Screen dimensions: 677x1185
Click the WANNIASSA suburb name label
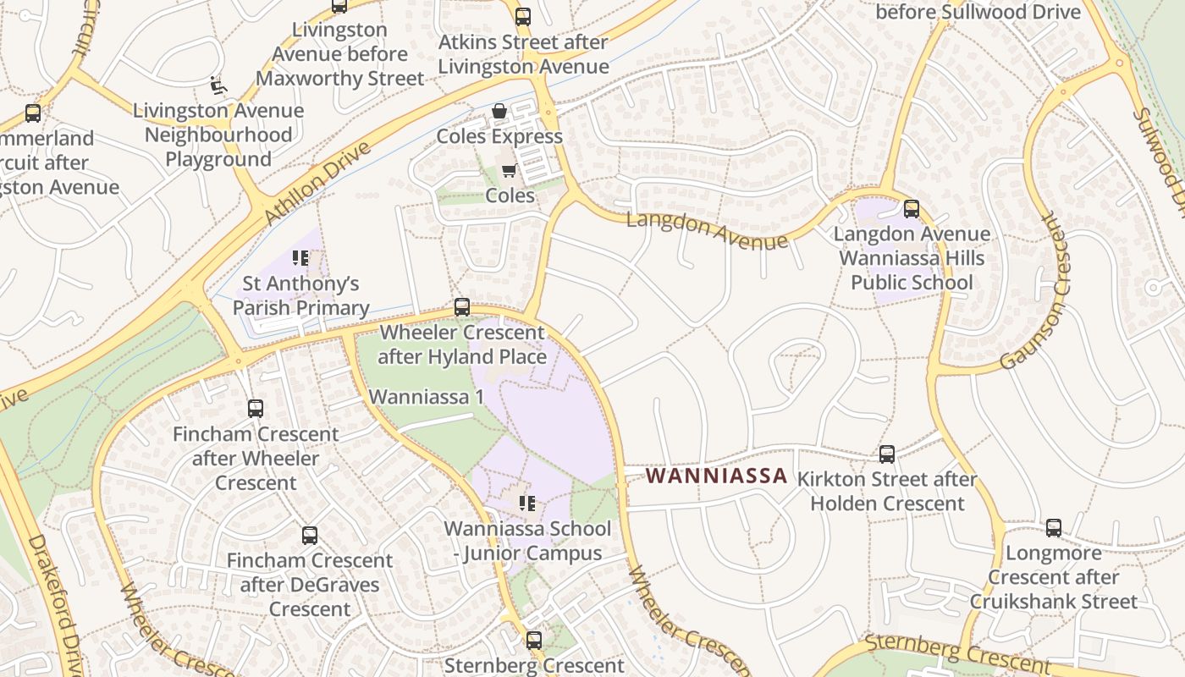[x=716, y=476]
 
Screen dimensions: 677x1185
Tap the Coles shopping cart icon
[x=509, y=171]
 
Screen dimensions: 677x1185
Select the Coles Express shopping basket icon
[x=499, y=112]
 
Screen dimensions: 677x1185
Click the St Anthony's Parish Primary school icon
[x=300, y=257]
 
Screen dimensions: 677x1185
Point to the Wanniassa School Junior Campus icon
[x=527, y=504]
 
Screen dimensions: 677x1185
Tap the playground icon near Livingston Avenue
[x=218, y=85]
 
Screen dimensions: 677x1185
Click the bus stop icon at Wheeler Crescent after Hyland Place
[x=462, y=306]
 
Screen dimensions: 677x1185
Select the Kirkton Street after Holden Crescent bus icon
[x=887, y=454]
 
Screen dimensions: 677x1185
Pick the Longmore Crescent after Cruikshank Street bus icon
[x=1054, y=528]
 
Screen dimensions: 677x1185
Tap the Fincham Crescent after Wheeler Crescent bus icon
[x=256, y=409]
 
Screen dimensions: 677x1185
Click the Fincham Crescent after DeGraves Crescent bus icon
[x=310, y=535]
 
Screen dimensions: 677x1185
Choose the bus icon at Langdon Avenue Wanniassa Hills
[x=912, y=208]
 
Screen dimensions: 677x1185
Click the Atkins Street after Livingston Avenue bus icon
[x=523, y=16]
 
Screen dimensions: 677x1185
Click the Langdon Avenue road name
[x=707, y=231]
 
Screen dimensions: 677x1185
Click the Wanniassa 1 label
[x=426, y=396]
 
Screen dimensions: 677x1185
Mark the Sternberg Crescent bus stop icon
[x=534, y=640]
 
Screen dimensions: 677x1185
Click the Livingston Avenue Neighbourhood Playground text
[x=218, y=135]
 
